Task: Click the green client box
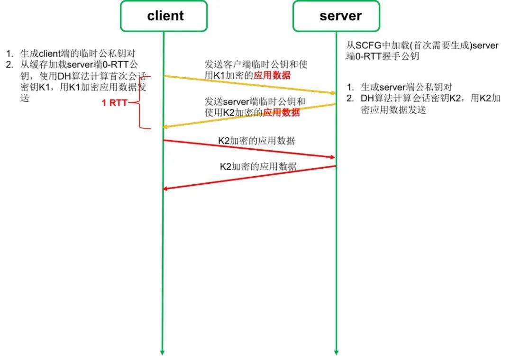[x=164, y=16]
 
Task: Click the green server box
[x=336, y=16]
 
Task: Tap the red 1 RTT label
[x=114, y=102]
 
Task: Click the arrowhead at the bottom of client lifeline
[x=162, y=351]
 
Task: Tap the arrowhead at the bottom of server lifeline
[x=336, y=351]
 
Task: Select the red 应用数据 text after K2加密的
[x=282, y=112]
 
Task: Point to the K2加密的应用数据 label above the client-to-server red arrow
[x=256, y=141]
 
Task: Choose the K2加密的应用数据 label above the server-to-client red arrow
[x=258, y=166]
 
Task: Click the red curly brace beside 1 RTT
[x=138, y=102]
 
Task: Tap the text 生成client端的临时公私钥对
[x=78, y=53]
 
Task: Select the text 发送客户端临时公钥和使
[x=256, y=65]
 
